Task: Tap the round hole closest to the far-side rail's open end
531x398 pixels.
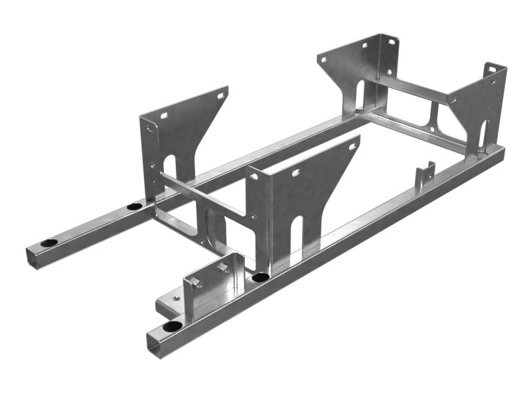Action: pyautogui.click(x=49, y=243)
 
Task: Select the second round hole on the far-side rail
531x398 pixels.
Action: pyautogui.click(x=134, y=206)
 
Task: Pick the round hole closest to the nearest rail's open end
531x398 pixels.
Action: pyautogui.click(x=173, y=326)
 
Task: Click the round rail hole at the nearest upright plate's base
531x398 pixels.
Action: pyautogui.click(x=260, y=277)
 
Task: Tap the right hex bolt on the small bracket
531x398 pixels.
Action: pyautogui.click(x=224, y=267)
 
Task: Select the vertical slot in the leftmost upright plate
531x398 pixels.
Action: pyautogui.click(x=169, y=174)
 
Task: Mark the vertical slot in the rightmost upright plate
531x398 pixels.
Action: pyautogui.click(x=483, y=136)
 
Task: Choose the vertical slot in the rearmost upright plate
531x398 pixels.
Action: pyautogui.click(x=358, y=96)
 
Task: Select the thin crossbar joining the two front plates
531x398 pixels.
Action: pyautogui.click(x=202, y=195)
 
